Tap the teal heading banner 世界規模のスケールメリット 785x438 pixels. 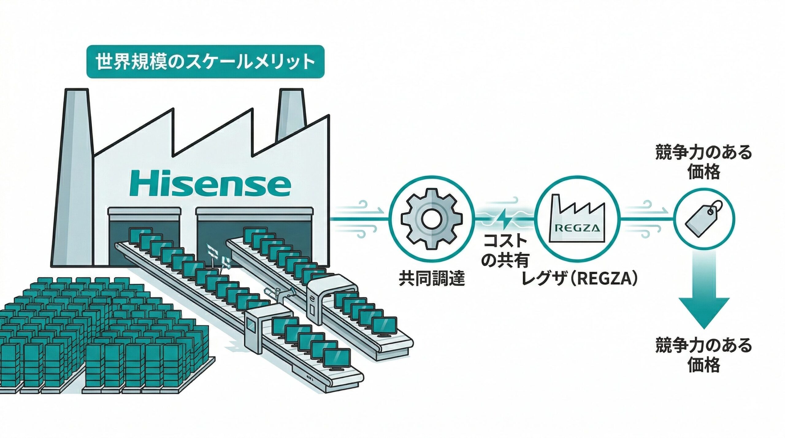coord(205,62)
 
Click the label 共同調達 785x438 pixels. coord(432,279)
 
